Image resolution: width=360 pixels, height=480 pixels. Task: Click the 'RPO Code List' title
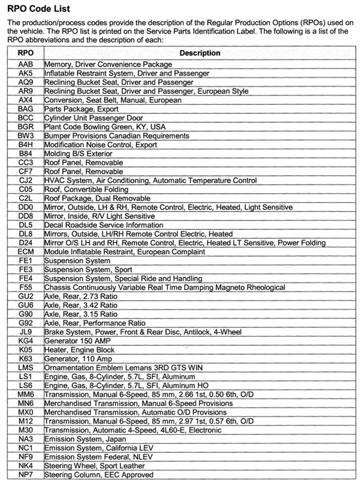point(39,9)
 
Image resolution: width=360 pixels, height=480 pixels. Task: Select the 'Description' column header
point(200,53)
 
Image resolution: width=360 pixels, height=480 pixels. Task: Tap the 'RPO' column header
point(25,53)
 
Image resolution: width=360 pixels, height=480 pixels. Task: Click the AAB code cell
point(25,64)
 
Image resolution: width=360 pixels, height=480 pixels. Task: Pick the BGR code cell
point(25,127)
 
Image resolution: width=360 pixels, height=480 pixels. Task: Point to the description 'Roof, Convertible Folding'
point(86,190)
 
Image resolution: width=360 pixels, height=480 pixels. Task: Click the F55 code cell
point(25,287)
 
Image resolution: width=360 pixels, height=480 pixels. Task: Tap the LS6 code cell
point(25,385)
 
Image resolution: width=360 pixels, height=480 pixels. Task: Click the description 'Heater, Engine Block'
point(79,350)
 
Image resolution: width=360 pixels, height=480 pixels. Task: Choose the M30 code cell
point(25,430)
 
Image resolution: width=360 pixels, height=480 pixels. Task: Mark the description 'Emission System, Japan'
point(85,439)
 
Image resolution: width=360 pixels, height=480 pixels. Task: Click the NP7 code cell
point(25,475)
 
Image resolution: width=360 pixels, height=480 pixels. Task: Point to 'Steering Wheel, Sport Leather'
point(94,466)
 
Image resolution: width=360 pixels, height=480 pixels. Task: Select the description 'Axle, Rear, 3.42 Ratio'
point(81,305)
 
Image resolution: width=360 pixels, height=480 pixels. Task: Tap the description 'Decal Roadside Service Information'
point(103,225)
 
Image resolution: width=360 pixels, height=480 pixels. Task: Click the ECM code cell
point(25,252)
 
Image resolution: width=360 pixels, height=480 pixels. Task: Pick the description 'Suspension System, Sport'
point(88,270)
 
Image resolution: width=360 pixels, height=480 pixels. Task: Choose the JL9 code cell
point(25,332)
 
